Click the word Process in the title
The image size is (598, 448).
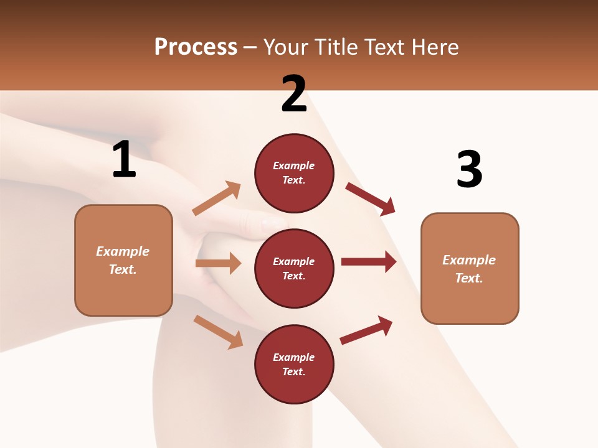pyautogui.click(x=196, y=47)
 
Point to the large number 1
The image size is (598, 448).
pyautogui.click(x=124, y=160)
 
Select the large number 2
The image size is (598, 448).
pyautogui.click(x=294, y=94)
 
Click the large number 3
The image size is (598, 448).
pyautogui.click(x=469, y=169)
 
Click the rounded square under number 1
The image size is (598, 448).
pyautogui.click(x=123, y=260)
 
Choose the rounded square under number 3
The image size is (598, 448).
pyautogui.click(x=470, y=268)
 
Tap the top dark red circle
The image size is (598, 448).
pyautogui.click(x=294, y=173)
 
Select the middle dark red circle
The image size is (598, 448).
pyautogui.click(x=294, y=268)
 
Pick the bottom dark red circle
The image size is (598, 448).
pyautogui.click(x=294, y=364)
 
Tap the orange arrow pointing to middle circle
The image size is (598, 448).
pyautogui.click(x=218, y=263)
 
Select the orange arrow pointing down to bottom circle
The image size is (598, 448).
pyautogui.click(x=218, y=331)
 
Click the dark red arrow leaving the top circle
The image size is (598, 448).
pyautogui.click(x=371, y=198)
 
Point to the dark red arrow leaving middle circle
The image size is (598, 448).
pyautogui.click(x=369, y=262)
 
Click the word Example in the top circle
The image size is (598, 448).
pyautogui.click(x=294, y=166)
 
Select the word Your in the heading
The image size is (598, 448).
pyautogui.click(x=285, y=47)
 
